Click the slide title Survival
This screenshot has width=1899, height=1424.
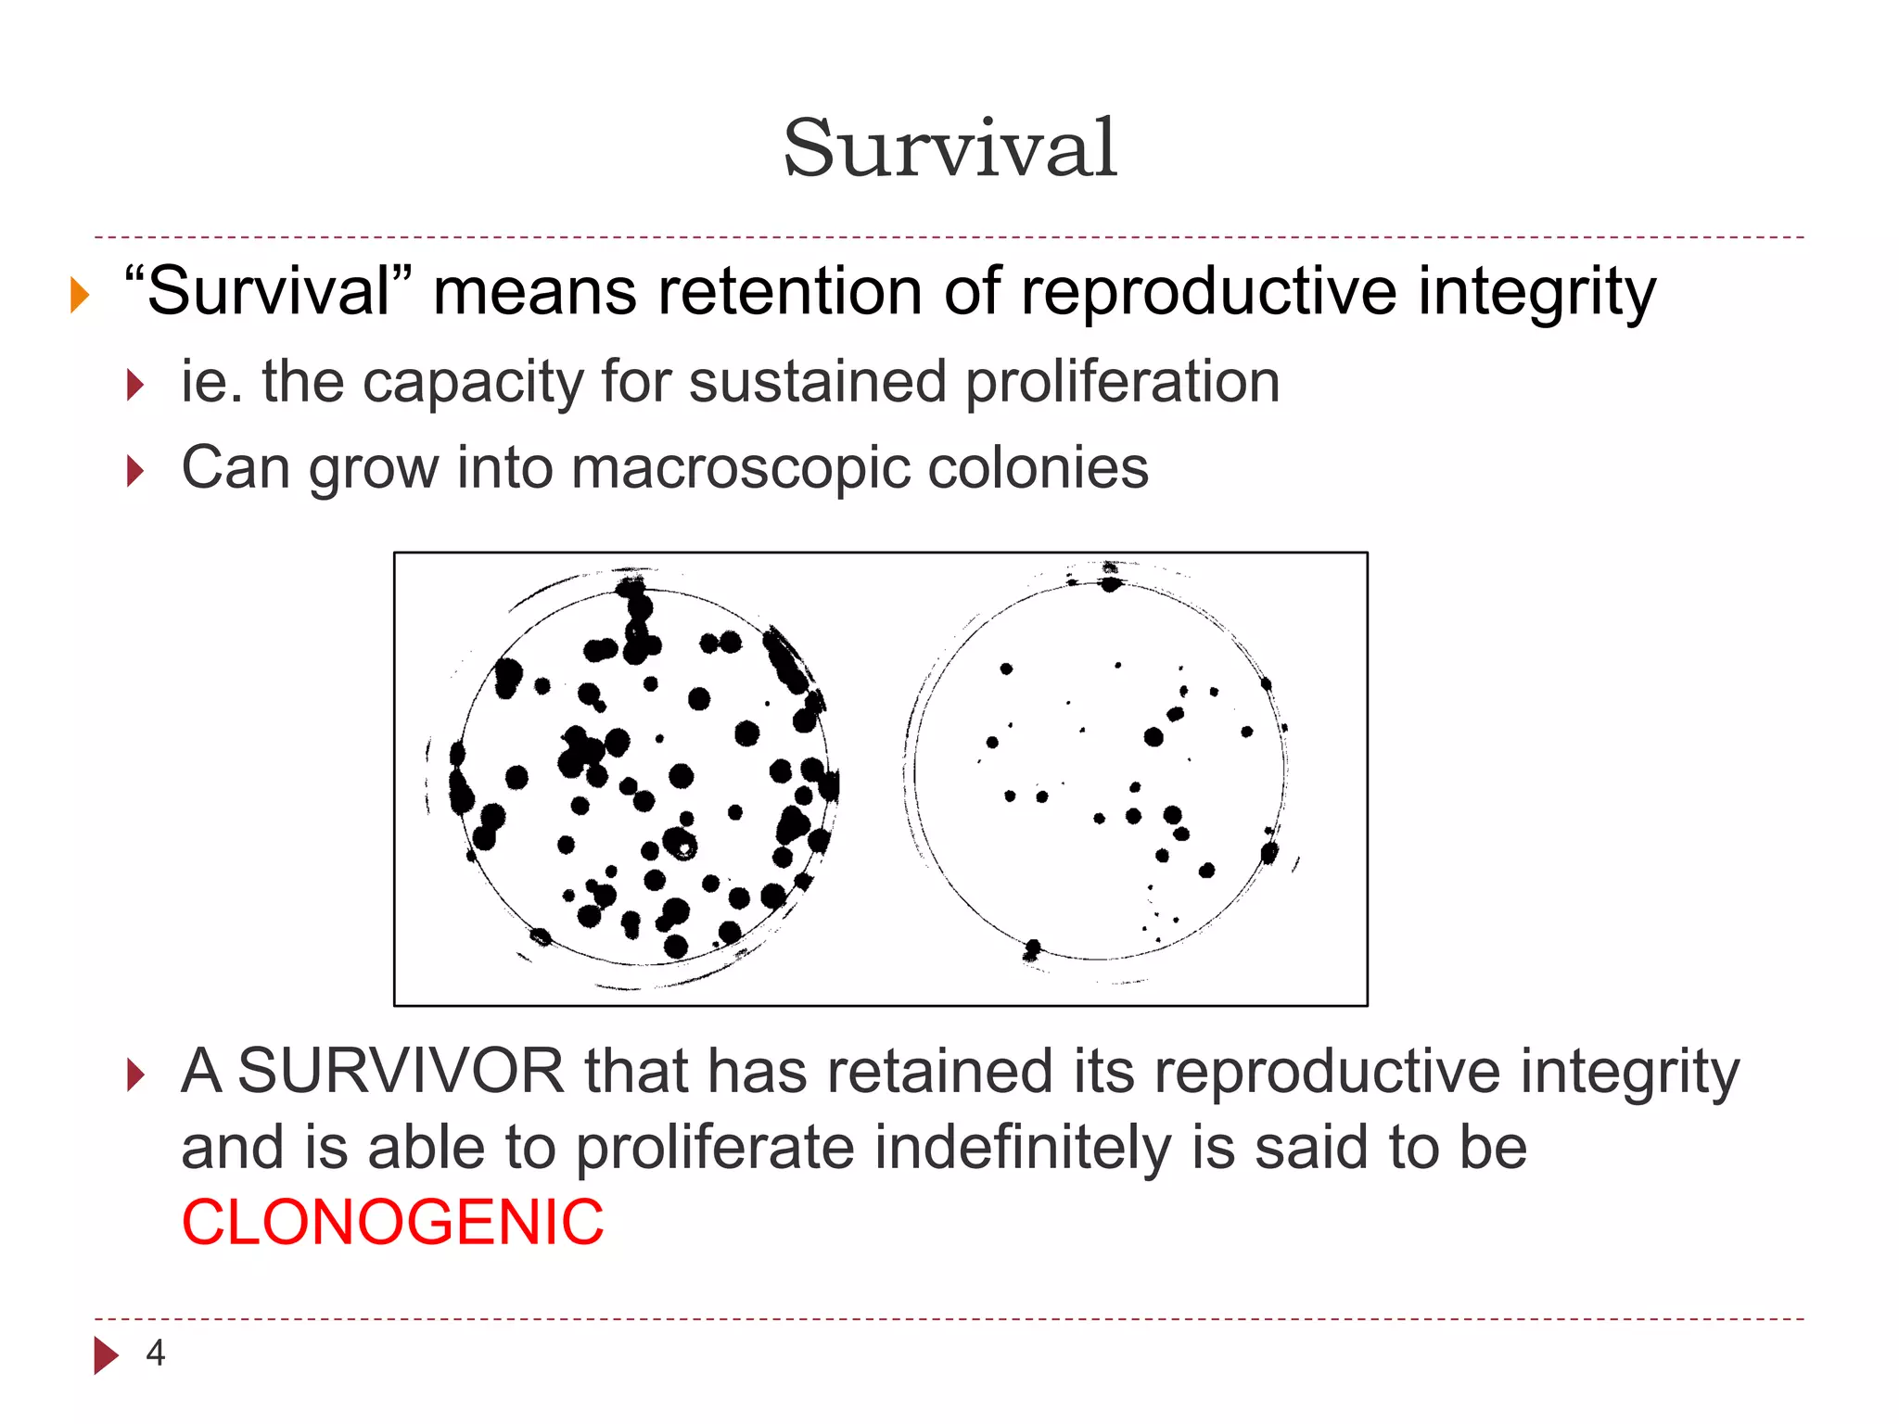pyautogui.click(x=949, y=148)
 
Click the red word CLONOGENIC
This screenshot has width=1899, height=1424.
pyautogui.click(x=392, y=1222)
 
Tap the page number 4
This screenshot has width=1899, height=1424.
pyautogui.click(x=155, y=1354)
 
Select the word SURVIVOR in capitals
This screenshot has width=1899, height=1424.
pyautogui.click(x=401, y=1072)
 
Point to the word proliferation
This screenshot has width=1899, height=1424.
pyautogui.click(x=1122, y=381)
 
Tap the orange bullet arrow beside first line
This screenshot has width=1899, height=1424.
pyautogui.click(x=80, y=296)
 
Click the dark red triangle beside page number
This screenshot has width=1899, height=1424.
pyautogui.click(x=106, y=1355)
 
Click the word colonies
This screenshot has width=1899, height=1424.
pyautogui.click(x=1038, y=467)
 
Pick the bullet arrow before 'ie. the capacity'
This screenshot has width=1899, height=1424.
pyautogui.click(x=135, y=385)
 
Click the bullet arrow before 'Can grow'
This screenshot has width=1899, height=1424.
pyautogui.click(x=135, y=471)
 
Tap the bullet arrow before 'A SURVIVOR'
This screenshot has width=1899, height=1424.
pyautogui.click(x=135, y=1075)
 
